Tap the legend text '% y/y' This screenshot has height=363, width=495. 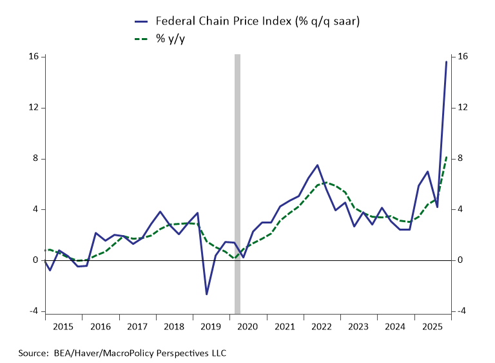coord(170,39)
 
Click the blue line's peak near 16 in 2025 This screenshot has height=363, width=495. coord(447,62)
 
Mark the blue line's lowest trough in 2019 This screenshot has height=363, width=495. coord(207,295)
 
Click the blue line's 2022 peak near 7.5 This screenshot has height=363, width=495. coord(318,165)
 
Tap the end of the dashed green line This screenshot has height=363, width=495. coord(447,156)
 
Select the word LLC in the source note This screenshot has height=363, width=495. coord(218,353)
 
